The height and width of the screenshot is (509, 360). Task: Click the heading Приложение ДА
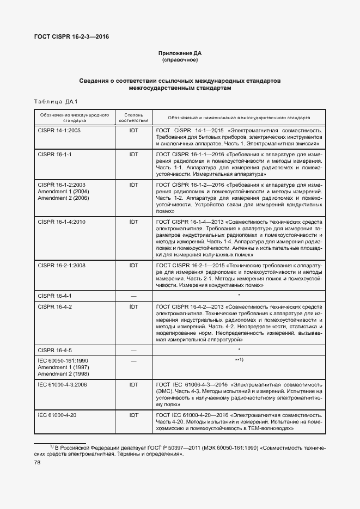tap(180, 53)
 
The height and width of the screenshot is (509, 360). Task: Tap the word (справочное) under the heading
tap(180, 60)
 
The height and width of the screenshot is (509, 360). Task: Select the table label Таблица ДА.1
tap(56, 102)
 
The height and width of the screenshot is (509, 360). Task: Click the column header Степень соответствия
tap(133, 118)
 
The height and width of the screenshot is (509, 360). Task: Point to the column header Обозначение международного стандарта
tap(74, 118)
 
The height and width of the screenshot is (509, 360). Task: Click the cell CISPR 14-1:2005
tap(59, 131)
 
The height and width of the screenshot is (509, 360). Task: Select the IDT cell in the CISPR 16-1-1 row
tap(133, 155)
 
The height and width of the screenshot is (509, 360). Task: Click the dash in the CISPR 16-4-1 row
tap(133, 296)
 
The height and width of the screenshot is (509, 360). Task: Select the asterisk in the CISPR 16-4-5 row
tap(239, 349)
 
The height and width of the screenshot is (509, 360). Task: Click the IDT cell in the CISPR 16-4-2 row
tap(133, 306)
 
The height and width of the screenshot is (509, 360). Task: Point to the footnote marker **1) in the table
tap(239, 360)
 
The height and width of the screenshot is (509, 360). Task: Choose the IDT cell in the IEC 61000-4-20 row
tap(133, 415)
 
